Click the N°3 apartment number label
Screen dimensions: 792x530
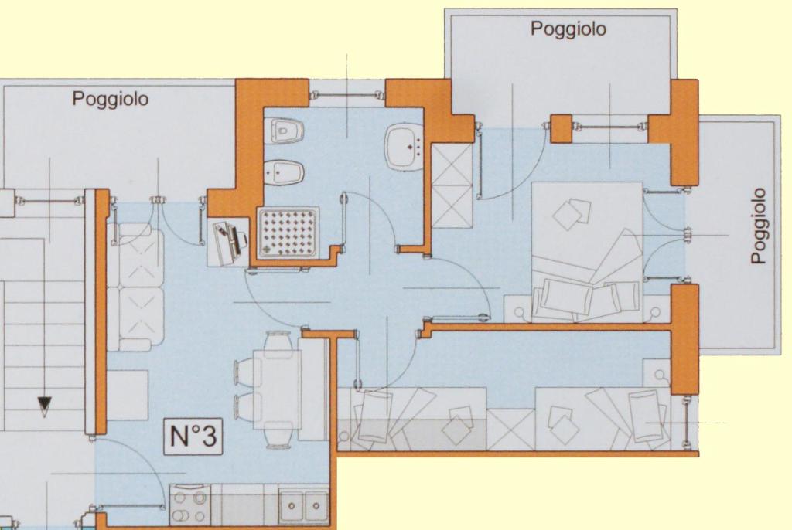click(193, 436)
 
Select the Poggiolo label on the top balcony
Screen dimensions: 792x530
click(568, 29)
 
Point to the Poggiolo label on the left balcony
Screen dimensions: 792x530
click(110, 98)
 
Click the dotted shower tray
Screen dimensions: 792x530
click(288, 233)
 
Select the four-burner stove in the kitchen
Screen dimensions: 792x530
click(190, 505)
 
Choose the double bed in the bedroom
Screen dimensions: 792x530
click(587, 252)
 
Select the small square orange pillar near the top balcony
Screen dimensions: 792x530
click(561, 129)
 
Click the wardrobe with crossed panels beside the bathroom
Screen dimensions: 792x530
click(452, 185)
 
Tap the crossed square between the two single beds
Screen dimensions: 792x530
click(510, 430)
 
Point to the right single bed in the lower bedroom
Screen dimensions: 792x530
click(603, 419)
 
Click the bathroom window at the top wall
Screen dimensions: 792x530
click(346, 95)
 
